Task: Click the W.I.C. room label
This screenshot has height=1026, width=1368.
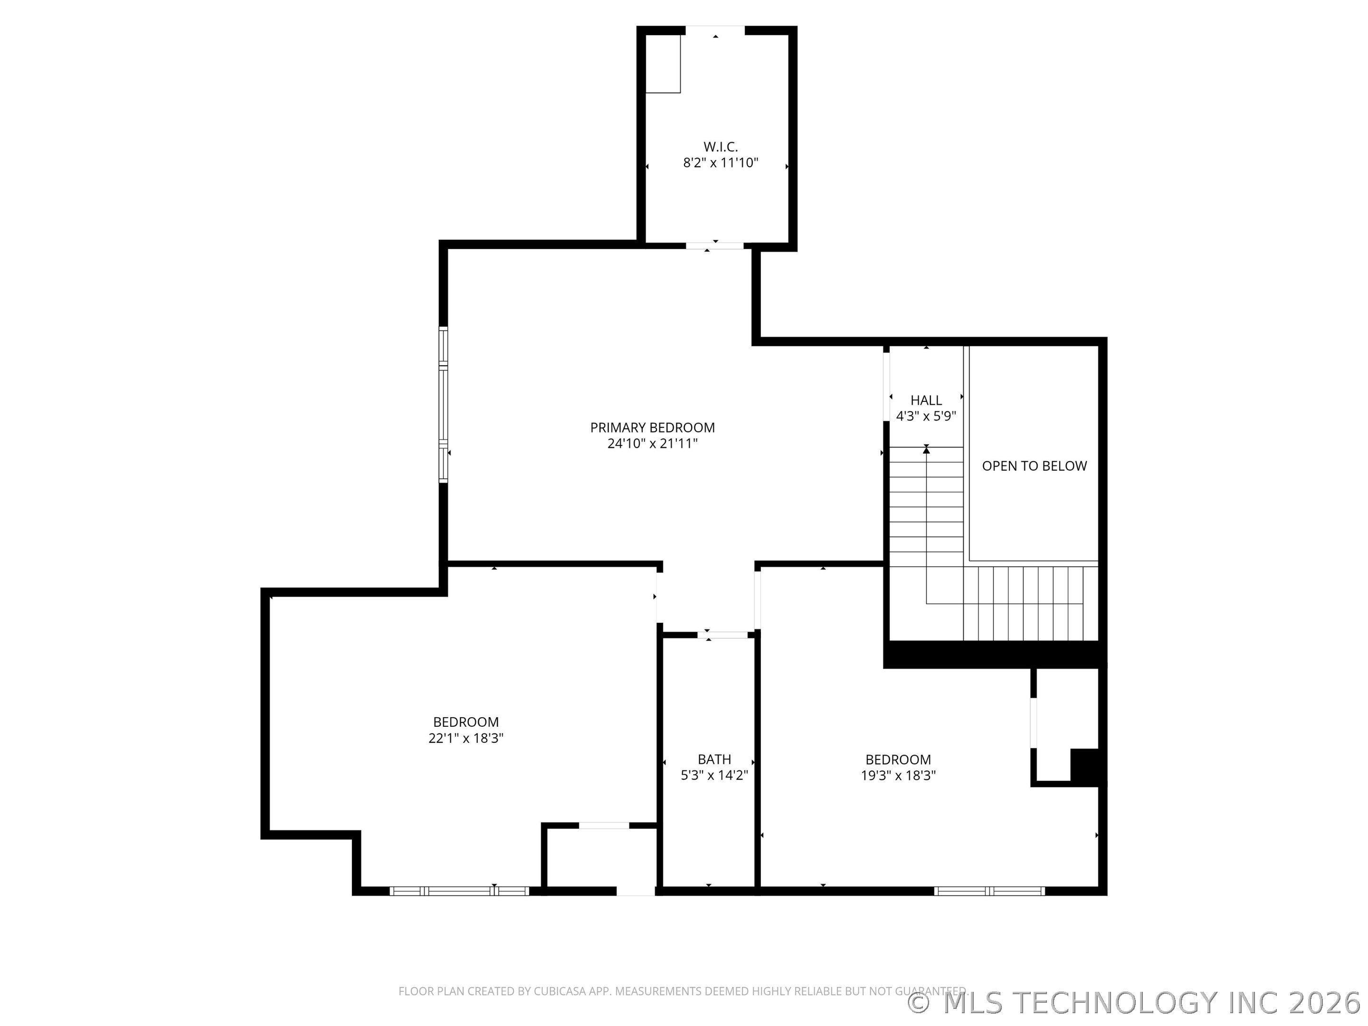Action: (x=721, y=147)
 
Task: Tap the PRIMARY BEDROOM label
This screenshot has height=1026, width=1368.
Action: (x=653, y=427)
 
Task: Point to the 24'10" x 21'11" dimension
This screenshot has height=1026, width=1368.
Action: (x=653, y=444)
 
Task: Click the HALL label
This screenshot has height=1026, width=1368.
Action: (x=926, y=400)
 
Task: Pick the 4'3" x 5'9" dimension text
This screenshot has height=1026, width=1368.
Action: (x=926, y=416)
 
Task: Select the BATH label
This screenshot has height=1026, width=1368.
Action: (x=714, y=760)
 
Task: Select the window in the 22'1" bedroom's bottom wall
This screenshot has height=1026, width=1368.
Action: (x=459, y=891)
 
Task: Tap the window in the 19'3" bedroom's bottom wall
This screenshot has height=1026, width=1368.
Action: (x=989, y=891)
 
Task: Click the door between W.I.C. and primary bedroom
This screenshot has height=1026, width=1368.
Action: (x=714, y=246)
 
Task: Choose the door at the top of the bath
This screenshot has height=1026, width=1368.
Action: (x=722, y=635)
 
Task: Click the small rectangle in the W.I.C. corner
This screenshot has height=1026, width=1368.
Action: (x=663, y=64)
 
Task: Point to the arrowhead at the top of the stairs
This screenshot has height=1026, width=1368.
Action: (x=926, y=450)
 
